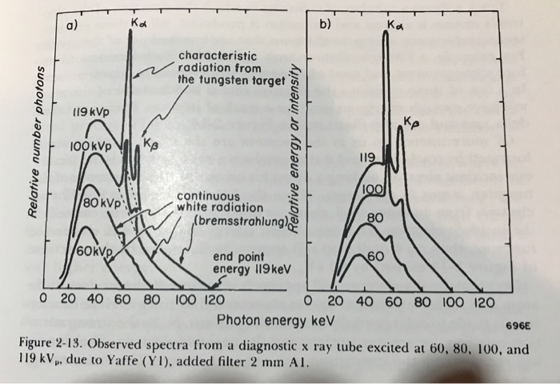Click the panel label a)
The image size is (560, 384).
tap(72, 25)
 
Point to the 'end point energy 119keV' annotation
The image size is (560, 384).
tap(245, 263)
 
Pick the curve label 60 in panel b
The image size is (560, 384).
tap(375, 255)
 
